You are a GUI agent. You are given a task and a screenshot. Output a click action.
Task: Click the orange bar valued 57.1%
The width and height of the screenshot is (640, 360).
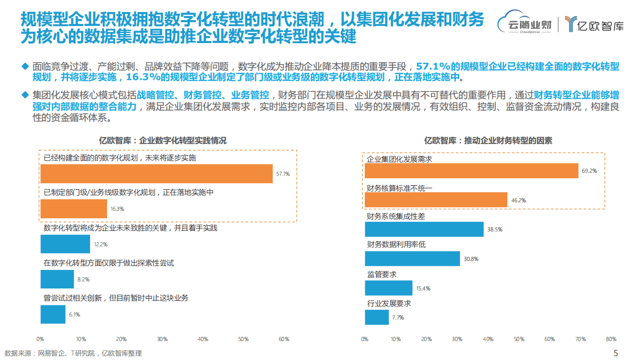click(156, 174)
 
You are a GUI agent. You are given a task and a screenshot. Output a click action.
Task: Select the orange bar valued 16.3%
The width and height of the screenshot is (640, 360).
click(74, 209)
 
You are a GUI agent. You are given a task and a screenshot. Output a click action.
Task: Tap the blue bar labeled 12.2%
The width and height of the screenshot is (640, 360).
click(65, 244)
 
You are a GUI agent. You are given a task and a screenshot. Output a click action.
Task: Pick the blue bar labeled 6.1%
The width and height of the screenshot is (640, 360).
click(53, 314)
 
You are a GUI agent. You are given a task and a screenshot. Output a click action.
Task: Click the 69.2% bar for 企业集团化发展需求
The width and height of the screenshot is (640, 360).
click(471, 171)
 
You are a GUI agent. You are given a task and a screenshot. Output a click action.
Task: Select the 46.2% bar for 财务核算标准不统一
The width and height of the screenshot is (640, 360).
click(436, 200)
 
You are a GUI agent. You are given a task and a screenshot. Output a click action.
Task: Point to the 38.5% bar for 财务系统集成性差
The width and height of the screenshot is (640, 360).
click(424, 229)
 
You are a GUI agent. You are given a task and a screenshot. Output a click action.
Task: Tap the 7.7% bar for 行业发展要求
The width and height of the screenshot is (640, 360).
click(376, 317)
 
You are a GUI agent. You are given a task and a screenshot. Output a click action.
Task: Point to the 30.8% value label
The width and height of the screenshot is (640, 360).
click(471, 259)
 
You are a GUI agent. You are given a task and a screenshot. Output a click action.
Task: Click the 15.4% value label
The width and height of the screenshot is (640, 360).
click(423, 288)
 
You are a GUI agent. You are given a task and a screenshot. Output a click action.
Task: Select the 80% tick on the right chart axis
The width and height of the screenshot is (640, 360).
click(610, 339)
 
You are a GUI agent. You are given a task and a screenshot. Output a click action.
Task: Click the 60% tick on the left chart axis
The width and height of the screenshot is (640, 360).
click(284, 339)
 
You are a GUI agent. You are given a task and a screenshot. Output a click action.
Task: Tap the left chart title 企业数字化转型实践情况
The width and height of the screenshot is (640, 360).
click(162, 141)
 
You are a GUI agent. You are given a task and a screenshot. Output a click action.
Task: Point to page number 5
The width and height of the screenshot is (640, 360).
click(616, 352)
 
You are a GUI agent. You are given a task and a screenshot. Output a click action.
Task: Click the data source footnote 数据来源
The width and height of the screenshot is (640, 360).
click(73, 353)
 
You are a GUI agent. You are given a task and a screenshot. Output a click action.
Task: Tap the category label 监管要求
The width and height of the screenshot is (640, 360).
click(382, 274)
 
